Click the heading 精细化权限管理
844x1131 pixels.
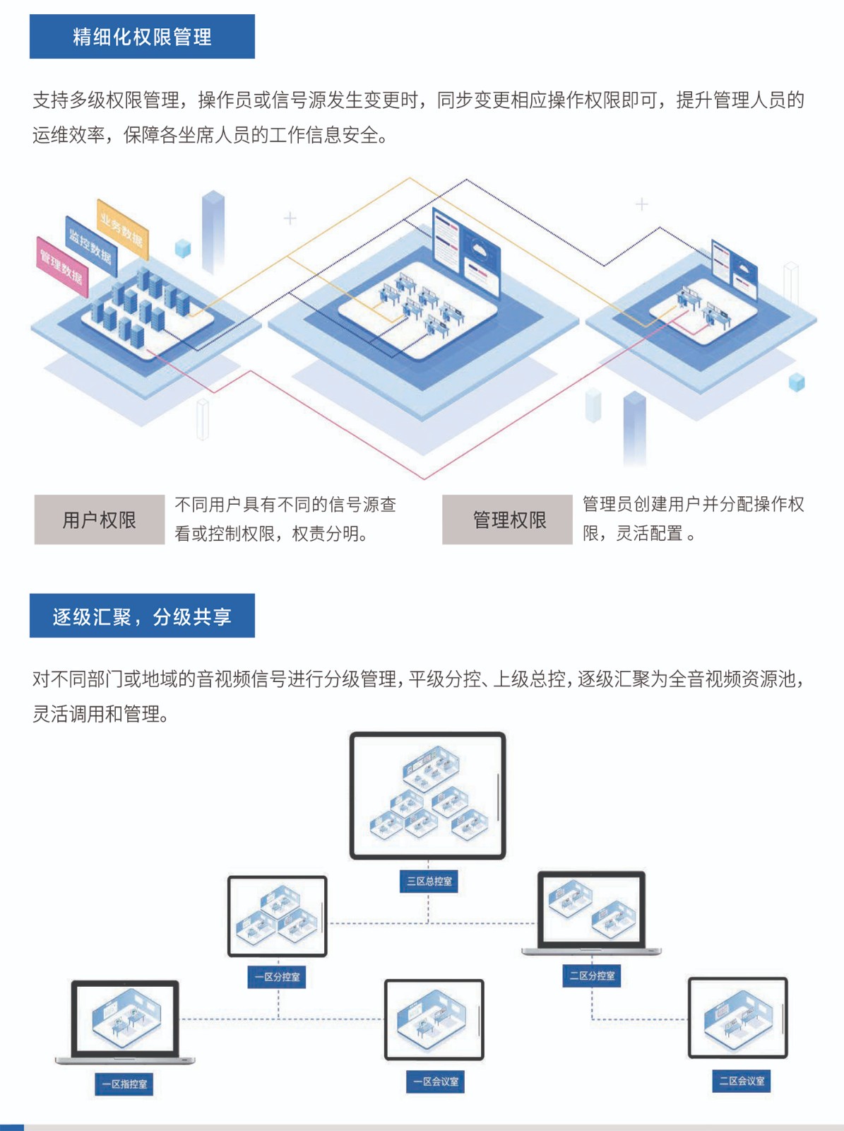[x=142, y=37]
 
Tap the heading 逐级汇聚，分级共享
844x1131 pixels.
[x=142, y=616]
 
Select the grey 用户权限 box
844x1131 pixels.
[x=100, y=520]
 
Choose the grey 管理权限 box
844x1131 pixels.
[x=507, y=520]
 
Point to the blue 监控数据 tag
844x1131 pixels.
[x=90, y=245]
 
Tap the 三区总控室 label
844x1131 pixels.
[x=429, y=881]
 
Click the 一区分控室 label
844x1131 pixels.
[x=277, y=977]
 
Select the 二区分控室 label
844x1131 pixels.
[x=592, y=975]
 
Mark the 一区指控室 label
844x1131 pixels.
[x=124, y=1084]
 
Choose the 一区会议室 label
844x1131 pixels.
[x=435, y=1082]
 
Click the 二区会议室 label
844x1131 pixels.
[x=741, y=1081]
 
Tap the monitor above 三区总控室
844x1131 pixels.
[x=428, y=795]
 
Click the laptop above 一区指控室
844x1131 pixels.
[x=125, y=1020]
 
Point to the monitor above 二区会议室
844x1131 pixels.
[x=737, y=1018]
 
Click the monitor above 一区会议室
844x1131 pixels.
[x=434, y=1019]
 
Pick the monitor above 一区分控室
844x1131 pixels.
[x=277, y=916]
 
